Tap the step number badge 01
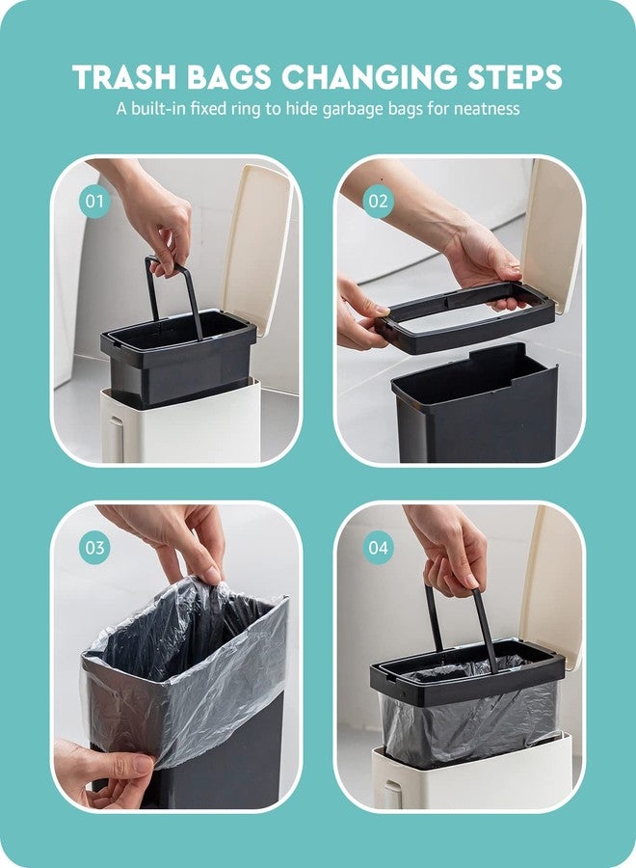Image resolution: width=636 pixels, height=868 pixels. click(x=94, y=203)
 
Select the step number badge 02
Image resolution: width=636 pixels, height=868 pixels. click(x=379, y=203)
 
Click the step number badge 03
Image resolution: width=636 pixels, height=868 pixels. click(x=94, y=549)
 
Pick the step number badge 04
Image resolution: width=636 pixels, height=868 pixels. click(x=379, y=549)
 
